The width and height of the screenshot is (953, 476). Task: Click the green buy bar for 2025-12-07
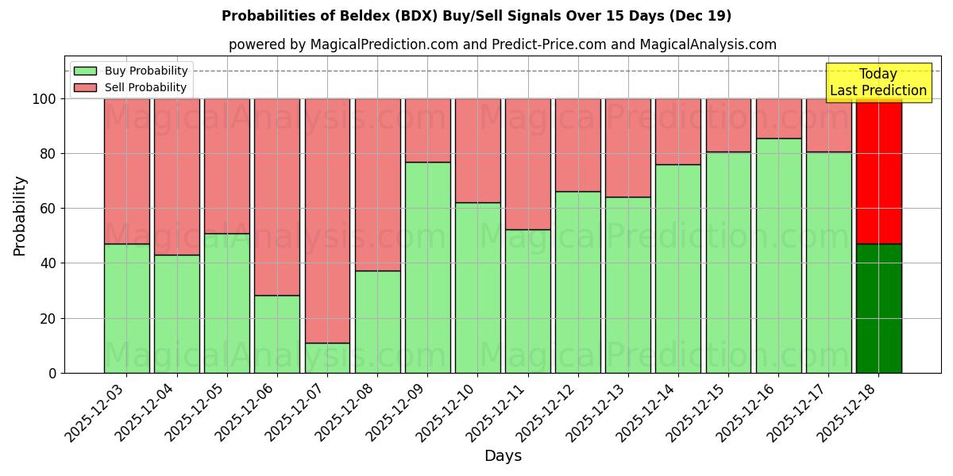point(327,358)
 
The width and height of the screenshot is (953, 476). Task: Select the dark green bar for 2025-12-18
point(878,309)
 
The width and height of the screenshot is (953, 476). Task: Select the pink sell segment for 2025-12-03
point(127,171)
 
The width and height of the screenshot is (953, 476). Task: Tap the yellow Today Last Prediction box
point(878,83)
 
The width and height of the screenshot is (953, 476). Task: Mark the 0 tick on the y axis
point(52,373)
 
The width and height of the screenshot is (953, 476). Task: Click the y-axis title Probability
point(20,216)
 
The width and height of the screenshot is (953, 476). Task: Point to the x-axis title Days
point(503,456)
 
